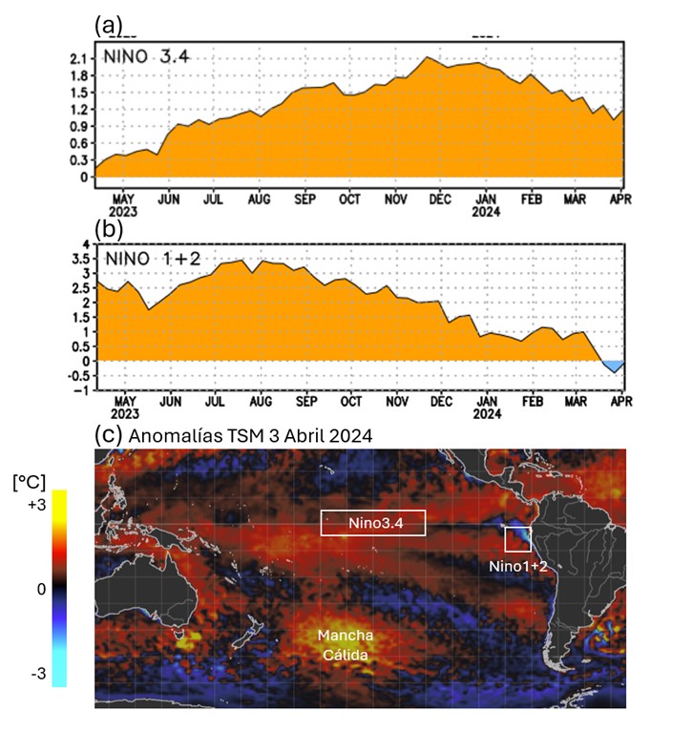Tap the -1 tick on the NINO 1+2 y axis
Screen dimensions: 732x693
coord(80,390)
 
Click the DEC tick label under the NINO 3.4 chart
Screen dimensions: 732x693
coord(440,199)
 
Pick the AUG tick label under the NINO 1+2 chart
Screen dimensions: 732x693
coord(259,403)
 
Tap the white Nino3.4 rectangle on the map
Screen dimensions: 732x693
coord(372,523)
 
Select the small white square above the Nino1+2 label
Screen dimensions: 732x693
coord(517,539)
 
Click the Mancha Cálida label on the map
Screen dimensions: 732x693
coord(345,645)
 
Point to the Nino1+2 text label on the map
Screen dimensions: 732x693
coord(516,566)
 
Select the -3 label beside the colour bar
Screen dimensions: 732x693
coord(38,673)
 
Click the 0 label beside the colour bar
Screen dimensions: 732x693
coord(40,589)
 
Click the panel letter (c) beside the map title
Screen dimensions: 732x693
coord(110,434)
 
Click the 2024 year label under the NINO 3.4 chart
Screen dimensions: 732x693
coord(487,213)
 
